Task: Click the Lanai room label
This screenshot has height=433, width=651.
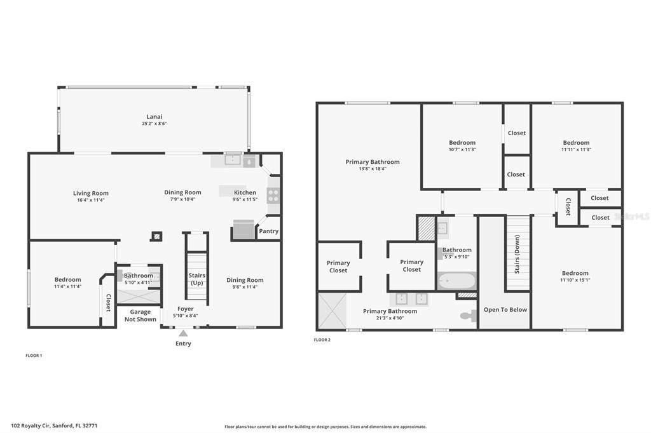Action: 154,117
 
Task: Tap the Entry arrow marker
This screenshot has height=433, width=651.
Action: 183,333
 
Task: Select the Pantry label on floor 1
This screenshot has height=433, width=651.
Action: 269,231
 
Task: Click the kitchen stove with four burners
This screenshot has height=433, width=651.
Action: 273,196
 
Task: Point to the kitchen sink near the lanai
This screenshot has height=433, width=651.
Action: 233,159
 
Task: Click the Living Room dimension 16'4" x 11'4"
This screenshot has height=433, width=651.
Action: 90,200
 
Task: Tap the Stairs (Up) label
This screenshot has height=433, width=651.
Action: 197,279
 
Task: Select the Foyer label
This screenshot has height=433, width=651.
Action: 185,309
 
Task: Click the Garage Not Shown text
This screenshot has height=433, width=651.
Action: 140,316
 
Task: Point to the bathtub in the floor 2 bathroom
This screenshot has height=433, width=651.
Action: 456,281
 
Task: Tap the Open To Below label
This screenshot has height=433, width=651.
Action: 505,310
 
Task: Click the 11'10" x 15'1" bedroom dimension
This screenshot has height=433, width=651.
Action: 575,280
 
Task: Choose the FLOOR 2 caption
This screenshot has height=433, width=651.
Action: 322,340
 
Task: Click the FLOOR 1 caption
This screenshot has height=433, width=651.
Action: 34,356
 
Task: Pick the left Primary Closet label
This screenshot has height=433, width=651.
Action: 338,267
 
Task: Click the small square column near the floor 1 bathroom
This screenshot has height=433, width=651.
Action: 156,236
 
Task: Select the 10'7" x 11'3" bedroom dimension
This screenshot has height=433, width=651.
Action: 462,150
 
